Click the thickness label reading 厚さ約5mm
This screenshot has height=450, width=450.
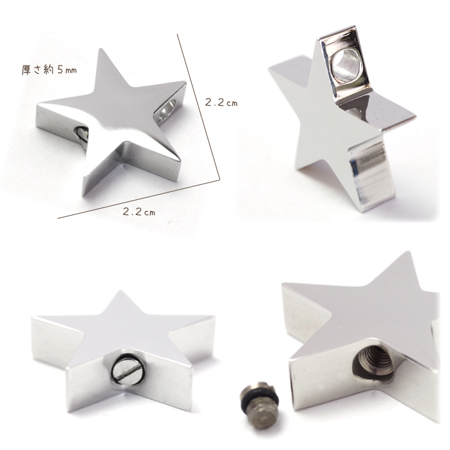pyautogui.click(x=49, y=70)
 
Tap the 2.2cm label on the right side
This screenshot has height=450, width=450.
pyautogui.click(x=221, y=102)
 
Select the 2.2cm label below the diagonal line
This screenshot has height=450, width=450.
pyautogui.click(x=139, y=212)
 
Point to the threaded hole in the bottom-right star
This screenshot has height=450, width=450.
pyautogui.click(x=372, y=366)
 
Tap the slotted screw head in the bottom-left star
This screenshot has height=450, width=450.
pyautogui.click(x=126, y=370)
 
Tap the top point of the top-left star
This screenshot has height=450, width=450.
pyautogui.click(x=100, y=49)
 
